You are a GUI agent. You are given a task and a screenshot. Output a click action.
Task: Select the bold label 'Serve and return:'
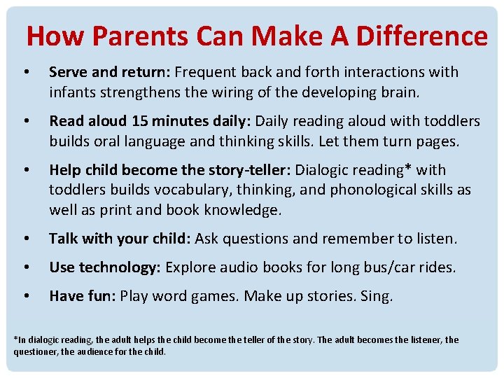(110, 72)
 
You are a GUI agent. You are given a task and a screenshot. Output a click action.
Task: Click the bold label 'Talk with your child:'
(120, 239)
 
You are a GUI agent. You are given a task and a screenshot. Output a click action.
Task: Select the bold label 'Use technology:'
(105, 267)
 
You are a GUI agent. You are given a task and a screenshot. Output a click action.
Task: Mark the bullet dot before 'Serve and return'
(25, 73)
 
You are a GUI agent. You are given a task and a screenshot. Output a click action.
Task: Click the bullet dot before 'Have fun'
(25, 297)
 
